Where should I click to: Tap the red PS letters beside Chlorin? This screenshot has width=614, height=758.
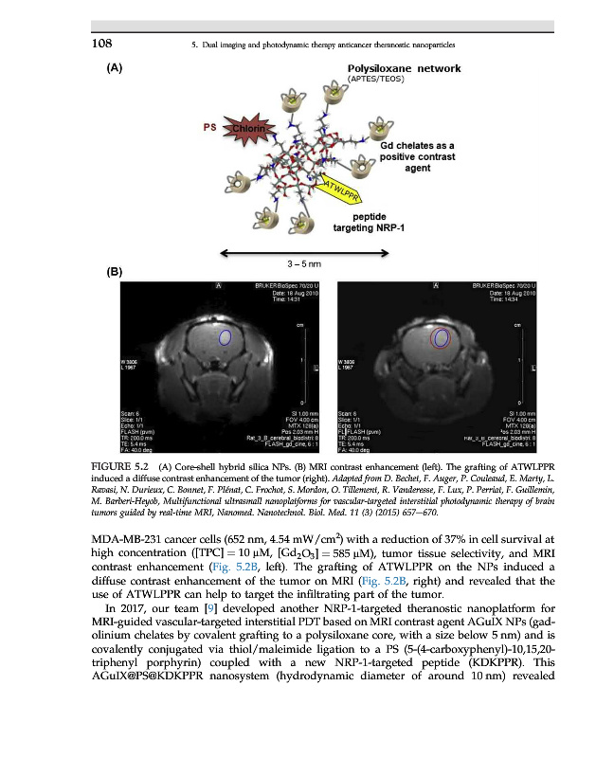pos(208,128)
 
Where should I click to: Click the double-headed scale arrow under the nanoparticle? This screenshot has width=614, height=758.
pos(304,252)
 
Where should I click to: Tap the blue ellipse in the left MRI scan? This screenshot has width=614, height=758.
pos(225,336)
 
